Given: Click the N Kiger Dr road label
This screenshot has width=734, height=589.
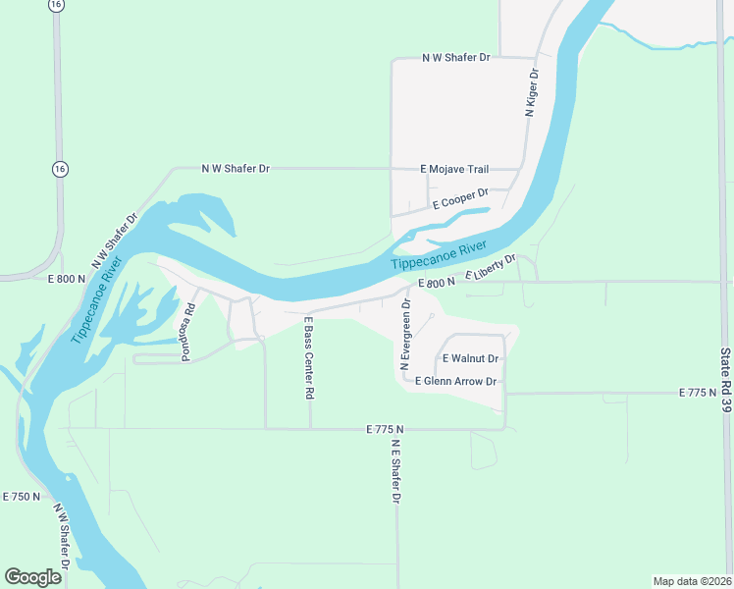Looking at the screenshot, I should point(533,93).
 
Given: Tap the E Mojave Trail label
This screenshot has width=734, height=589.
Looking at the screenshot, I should point(454,170).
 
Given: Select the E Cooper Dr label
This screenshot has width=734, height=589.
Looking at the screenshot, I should point(460,199).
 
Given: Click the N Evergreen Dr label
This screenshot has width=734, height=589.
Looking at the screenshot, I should point(404,335).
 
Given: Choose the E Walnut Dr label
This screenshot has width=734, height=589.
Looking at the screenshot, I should point(472,359).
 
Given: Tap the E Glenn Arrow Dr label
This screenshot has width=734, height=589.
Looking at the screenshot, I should point(456,381).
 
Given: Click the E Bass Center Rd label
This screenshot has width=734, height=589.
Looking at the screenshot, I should point(308,357).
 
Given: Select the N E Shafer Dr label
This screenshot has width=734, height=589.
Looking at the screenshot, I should point(395,471).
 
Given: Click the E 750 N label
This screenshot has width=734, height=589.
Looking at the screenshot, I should point(22,497).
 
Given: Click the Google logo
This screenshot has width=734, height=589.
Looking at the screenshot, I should point(33,577).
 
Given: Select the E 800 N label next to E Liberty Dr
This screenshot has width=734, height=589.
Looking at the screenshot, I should point(437,283).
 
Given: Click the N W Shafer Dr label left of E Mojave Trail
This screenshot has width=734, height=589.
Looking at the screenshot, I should point(236,169).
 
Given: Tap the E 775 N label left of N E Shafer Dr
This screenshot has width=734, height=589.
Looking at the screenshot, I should point(385,430).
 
